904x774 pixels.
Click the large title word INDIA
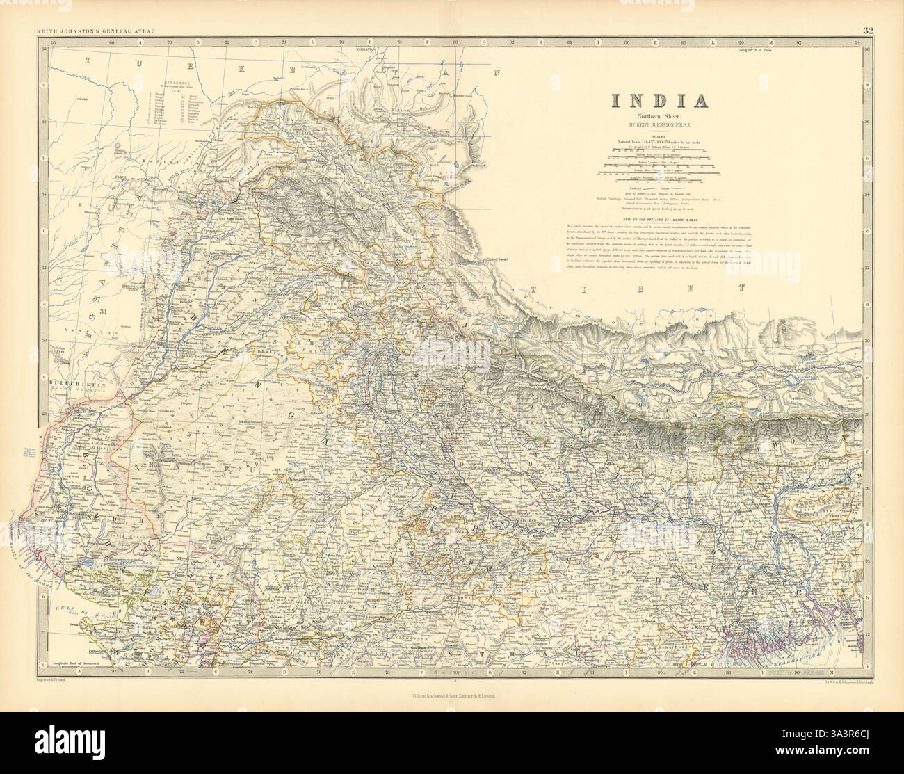point(659,100)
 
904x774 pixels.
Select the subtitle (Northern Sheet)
point(659,116)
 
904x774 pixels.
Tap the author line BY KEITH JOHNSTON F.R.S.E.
point(659,126)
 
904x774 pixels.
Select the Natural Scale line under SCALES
point(659,142)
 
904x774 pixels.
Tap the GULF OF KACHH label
point(60,607)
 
